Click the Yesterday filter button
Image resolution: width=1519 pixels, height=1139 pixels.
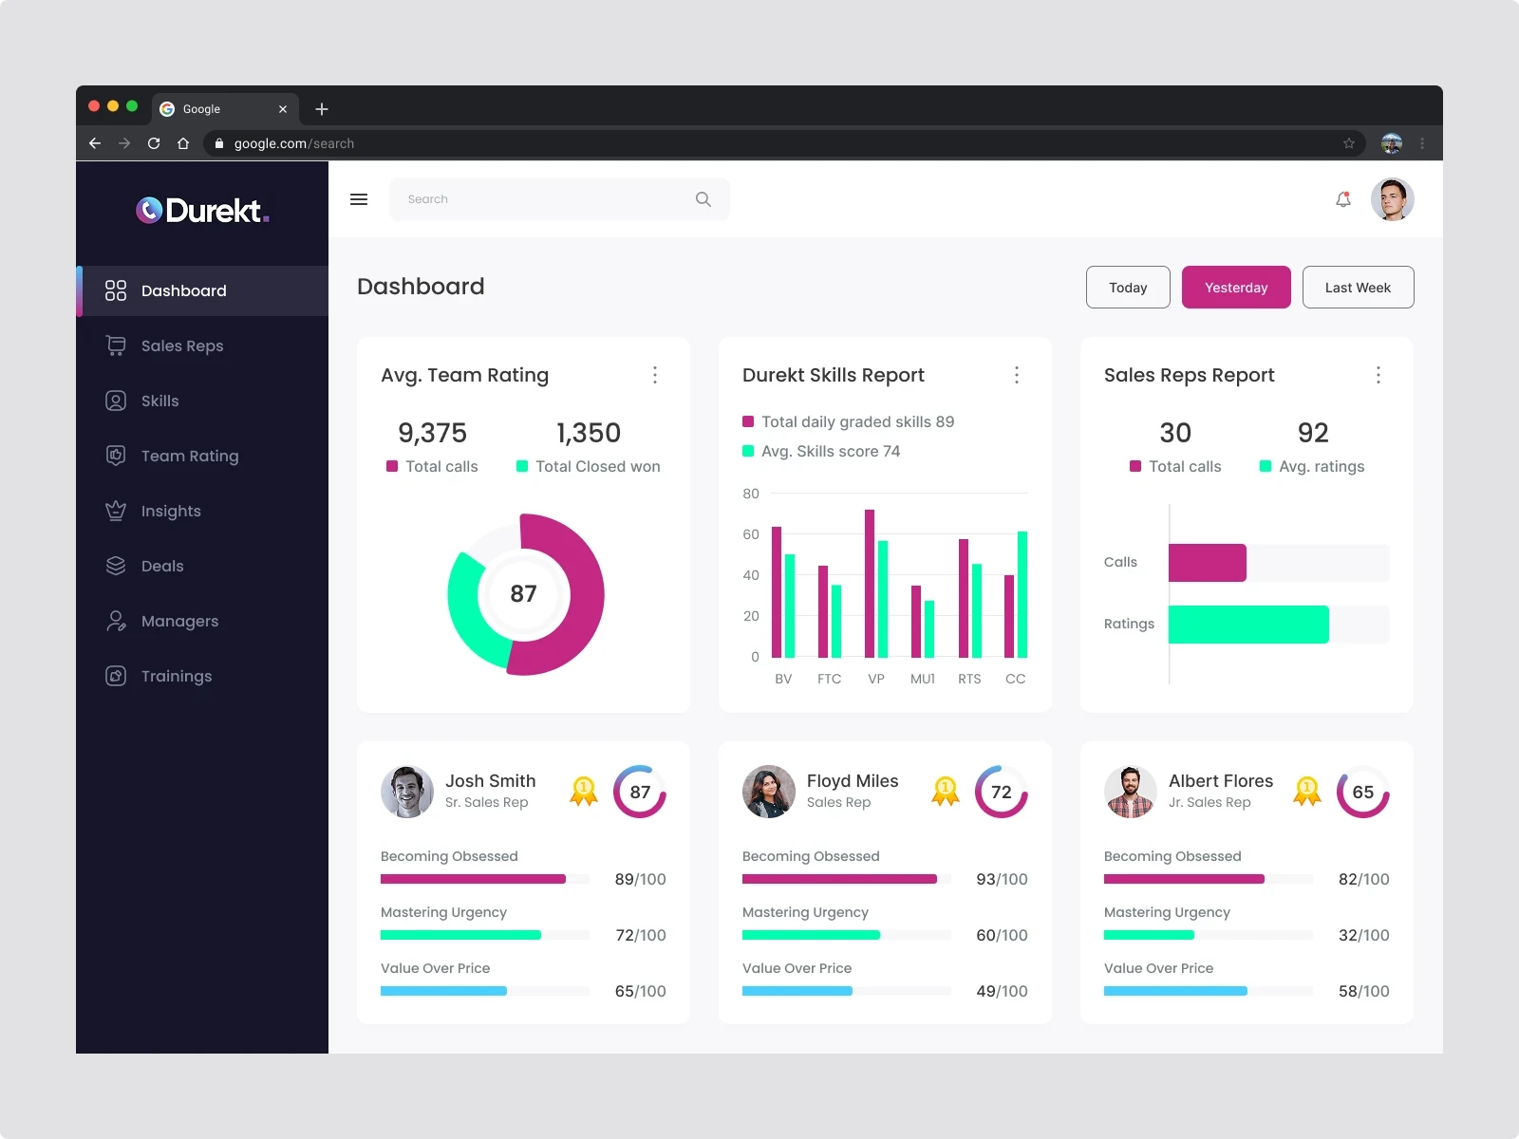(x=1235, y=288)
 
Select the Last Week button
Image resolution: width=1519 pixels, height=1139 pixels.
(x=1358, y=288)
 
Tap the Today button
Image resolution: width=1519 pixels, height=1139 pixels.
(x=1128, y=288)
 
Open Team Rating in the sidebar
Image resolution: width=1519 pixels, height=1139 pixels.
(x=189, y=456)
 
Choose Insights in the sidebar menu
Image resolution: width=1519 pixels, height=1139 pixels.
(x=171, y=511)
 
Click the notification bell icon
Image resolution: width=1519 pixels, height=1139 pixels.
(x=1343, y=199)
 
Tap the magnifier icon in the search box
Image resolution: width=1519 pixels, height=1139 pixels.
(x=703, y=199)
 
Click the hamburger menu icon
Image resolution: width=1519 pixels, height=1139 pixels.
(x=359, y=199)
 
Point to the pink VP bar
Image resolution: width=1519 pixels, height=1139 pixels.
(x=870, y=584)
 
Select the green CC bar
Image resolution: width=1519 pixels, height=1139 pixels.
(x=1022, y=594)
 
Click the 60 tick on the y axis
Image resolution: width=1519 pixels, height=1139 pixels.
(x=751, y=534)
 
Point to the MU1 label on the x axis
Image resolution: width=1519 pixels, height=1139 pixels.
(x=922, y=679)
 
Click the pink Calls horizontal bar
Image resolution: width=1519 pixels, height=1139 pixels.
(x=1207, y=563)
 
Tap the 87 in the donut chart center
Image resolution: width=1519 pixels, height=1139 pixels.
(x=523, y=594)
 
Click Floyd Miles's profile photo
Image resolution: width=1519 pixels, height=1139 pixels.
(x=768, y=792)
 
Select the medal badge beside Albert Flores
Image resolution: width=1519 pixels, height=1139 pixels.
(x=1307, y=792)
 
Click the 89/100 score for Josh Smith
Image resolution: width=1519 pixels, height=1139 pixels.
(x=640, y=879)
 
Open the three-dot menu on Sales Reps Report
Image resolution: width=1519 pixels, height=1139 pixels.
(x=1378, y=375)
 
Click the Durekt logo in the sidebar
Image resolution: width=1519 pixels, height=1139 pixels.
(x=202, y=210)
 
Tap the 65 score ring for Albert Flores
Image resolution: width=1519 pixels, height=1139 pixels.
(x=1362, y=792)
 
